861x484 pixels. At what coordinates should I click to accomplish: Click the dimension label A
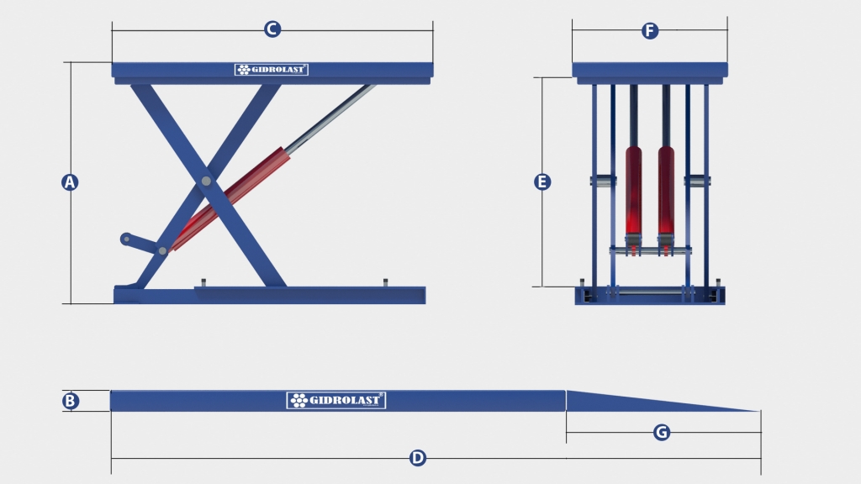(x=70, y=182)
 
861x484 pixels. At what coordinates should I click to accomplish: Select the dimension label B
(x=71, y=401)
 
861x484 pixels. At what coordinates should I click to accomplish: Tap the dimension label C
(x=272, y=29)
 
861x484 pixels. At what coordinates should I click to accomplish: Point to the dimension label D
(x=418, y=458)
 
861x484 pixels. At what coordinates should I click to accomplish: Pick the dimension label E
(x=542, y=181)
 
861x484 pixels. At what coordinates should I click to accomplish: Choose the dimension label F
(x=650, y=31)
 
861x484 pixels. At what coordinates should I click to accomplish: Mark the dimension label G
(x=662, y=433)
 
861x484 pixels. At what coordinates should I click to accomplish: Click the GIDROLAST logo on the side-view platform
(x=272, y=70)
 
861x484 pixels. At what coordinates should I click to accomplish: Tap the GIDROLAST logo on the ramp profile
(x=336, y=401)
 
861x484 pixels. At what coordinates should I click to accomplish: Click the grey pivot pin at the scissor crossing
(x=206, y=181)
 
